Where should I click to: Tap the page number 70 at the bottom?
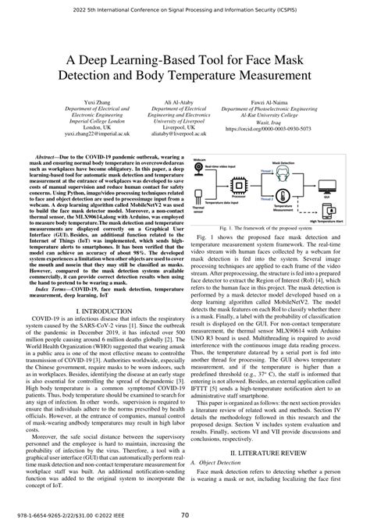coord(184,514)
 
